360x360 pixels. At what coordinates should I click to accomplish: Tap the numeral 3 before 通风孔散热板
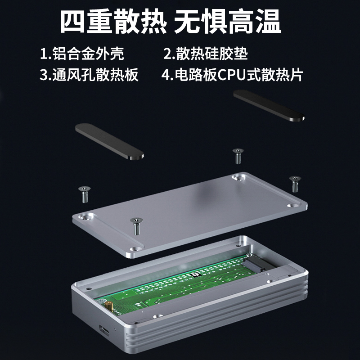coord(43,75)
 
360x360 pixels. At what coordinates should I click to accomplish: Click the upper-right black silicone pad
coord(269,106)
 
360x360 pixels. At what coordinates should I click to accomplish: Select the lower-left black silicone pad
coord(109,141)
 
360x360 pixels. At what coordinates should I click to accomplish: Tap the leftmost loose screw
coord(85,194)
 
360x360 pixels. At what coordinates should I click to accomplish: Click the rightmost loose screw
coord(295,184)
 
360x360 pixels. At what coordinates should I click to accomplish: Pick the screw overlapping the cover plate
coord(136,226)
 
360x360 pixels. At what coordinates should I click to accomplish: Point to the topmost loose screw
coord(238,156)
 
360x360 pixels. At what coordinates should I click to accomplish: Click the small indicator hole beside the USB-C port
coord(115,330)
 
